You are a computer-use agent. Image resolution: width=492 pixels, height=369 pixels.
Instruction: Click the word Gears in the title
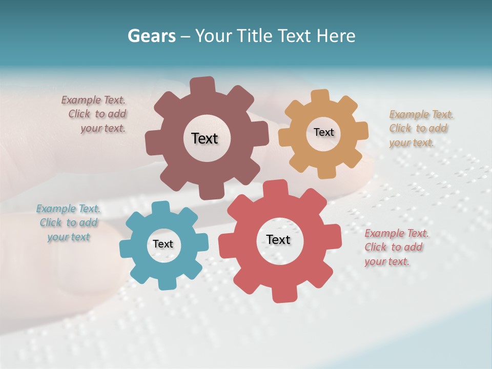pos(151,36)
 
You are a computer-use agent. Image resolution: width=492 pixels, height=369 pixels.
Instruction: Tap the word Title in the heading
pos(255,36)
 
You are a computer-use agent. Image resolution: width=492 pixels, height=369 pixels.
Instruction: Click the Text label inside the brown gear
pos(205,138)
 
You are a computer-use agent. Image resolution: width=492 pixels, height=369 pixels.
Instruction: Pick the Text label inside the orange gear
pos(323,132)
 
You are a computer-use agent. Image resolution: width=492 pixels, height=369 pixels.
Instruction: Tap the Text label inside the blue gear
pos(163,244)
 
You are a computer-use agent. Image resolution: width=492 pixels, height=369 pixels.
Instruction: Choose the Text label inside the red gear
pos(278,239)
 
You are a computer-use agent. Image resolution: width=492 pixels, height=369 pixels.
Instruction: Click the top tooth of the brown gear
pos(202,85)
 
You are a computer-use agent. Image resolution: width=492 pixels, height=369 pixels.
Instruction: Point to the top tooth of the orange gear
pos(320,96)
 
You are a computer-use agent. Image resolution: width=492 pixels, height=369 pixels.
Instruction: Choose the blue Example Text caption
pos(69,222)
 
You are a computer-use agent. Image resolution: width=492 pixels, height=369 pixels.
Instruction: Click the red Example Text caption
pos(396,247)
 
